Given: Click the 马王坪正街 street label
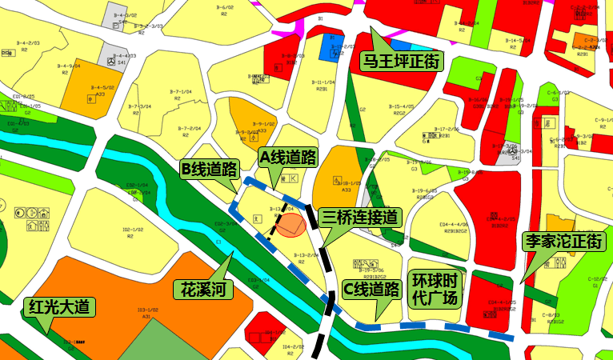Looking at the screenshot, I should [401, 61].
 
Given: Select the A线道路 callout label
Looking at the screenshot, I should [289, 158].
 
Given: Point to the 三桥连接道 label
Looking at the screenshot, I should [359, 217].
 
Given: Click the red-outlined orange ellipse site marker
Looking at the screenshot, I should [290, 225].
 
